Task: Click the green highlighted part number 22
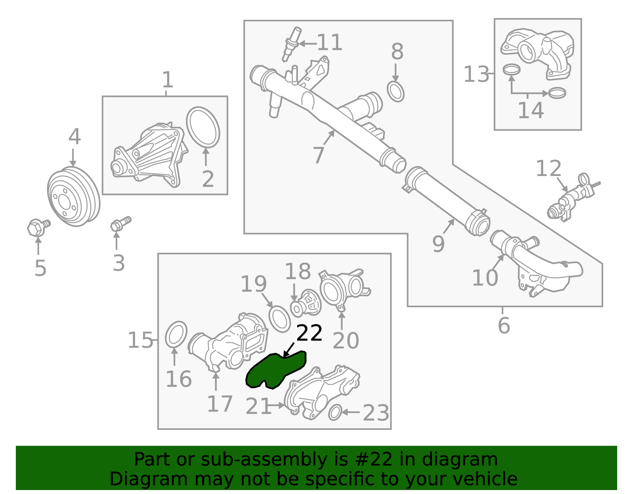[x=273, y=370]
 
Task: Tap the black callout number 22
[x=309, y=333]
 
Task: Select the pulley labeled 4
[x=74, y=197]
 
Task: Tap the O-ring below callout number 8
[x=395, y=92]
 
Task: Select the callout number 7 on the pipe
[x=318, y=155]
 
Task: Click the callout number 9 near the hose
[x=438, y=244]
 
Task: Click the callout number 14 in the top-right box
[x=531, y=110]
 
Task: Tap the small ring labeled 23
[x=335, y=413]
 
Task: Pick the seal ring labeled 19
[x=280, y=319]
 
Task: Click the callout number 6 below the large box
[x=504, y=326]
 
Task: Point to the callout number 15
[x=140, y=340]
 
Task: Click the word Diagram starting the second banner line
[x=132, y=479]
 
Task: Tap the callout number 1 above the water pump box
[x=168, y=80]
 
